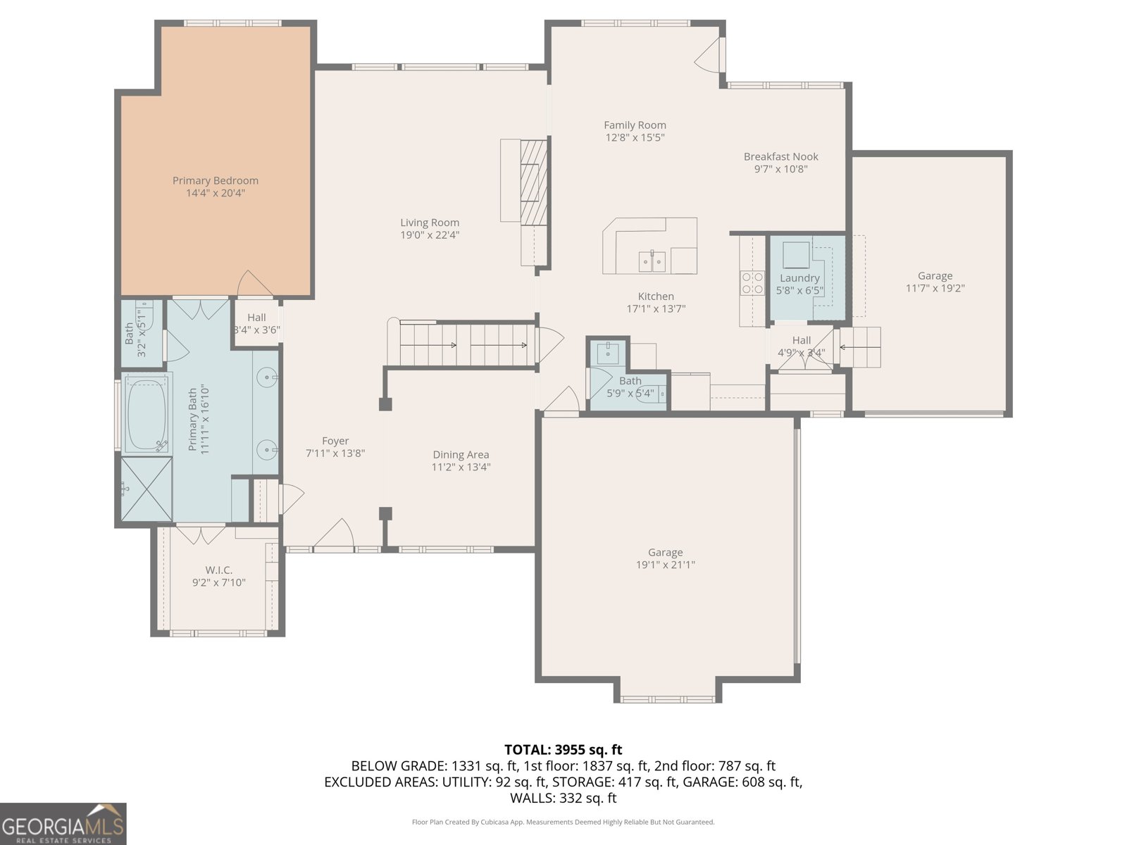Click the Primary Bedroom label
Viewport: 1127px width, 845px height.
216,181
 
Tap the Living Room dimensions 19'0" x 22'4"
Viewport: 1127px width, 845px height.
430,235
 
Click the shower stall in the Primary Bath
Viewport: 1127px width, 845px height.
146,489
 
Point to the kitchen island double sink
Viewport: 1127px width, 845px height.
652,261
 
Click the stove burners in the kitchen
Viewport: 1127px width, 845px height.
752,282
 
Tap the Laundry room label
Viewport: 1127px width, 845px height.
799,278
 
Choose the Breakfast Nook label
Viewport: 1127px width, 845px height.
780,156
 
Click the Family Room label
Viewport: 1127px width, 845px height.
635,125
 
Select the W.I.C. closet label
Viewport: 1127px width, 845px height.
218,570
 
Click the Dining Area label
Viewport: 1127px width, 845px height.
461,455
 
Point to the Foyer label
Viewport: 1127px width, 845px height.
335,441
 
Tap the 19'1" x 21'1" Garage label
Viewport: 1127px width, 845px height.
665,558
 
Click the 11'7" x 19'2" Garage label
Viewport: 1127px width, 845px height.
935,282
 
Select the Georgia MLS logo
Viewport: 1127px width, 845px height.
63,824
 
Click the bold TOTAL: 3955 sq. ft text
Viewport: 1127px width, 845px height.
563,749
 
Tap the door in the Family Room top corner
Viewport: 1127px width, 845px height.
710,55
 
